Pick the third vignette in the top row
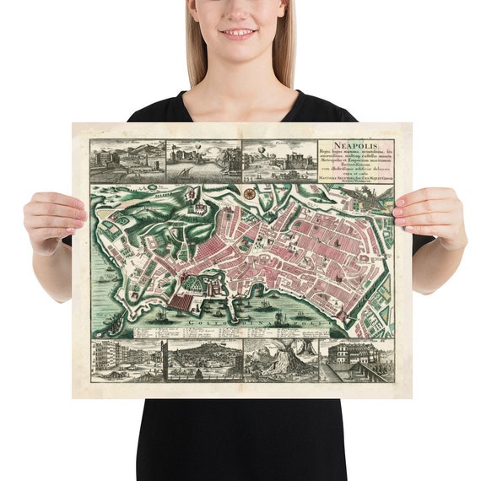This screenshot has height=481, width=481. (279, 159)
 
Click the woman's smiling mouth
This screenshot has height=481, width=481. (239, 35)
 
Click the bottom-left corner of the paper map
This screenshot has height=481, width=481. (74, 397)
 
